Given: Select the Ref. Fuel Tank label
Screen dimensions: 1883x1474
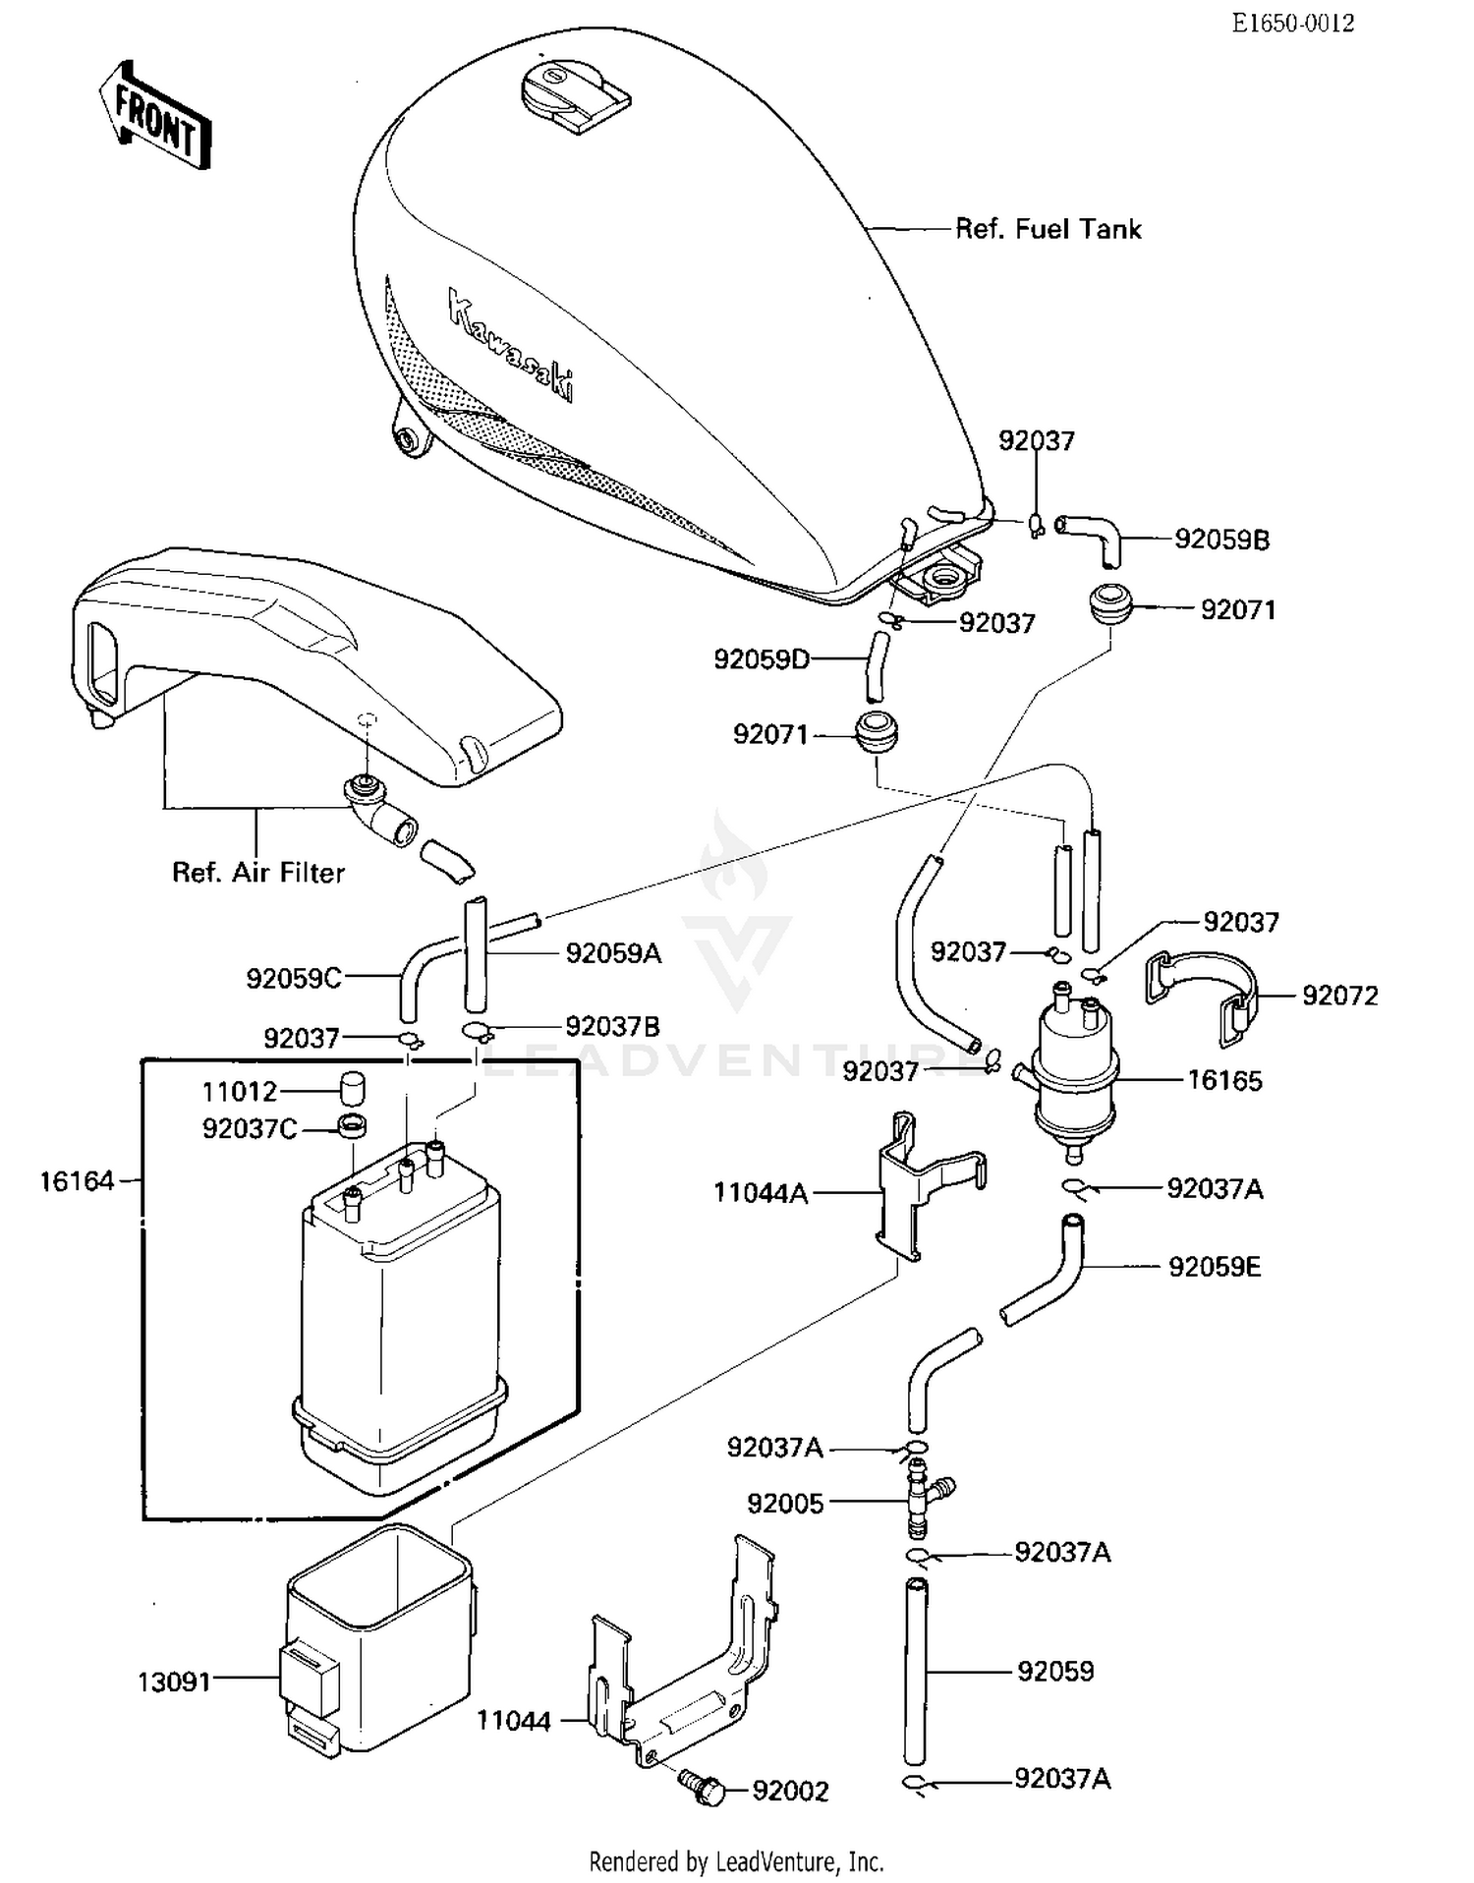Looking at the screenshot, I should (x=1048, y=229).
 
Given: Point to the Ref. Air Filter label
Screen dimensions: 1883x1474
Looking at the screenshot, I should (x=258, y=873).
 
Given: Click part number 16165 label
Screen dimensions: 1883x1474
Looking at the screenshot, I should (x=1224, y=1080).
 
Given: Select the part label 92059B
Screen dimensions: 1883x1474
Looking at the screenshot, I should (x=1221, y=540).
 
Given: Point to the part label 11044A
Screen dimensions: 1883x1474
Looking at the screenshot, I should (x=761, y=1193).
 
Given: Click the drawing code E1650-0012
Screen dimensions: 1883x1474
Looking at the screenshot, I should (x=1292, y=23).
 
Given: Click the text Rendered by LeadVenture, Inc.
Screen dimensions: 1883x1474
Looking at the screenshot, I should (x=736, y=1860).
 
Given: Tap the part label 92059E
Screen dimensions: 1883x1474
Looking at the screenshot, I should (x=1214, y=1267).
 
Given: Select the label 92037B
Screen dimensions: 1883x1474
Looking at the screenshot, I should (x=612, y=1027).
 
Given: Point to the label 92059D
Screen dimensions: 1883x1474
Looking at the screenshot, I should (x=762, y=658).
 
